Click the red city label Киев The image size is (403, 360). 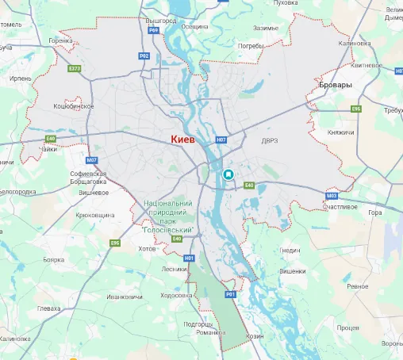(x=184, y=139)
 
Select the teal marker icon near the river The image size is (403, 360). (x=229, y=174)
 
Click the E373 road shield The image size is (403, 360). (x=75, y=69)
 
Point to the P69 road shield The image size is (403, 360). (x=154, y=30)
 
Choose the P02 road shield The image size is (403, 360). (x=144, y=56)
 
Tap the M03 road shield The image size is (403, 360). (x=332, y=195)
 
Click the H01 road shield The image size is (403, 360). (x=189, y=259)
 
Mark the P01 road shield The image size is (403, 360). (x=231, y=294)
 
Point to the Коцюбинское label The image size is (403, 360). (x=74, y=106)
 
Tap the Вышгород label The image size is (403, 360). (x=160, y=20)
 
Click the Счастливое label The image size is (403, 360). (x=341, y=206)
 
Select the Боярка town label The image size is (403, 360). (x=53, y=259)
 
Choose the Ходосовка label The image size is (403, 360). (x=176, y=295)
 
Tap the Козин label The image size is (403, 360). (x=255, y=336)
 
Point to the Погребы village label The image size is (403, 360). (x=251, y=46)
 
